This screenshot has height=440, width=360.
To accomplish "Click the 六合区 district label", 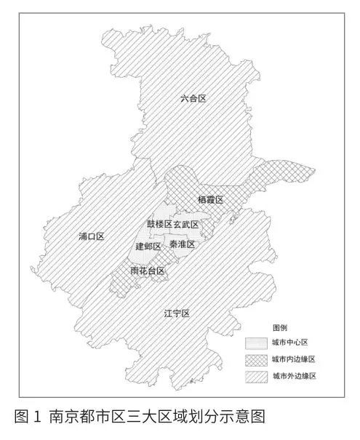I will [193, 99].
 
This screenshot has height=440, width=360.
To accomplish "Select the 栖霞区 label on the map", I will [209, 199].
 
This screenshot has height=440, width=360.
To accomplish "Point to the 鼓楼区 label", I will [159, 224].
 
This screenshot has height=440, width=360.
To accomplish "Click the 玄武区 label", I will [186, 224].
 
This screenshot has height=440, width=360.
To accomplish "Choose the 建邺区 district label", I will [148, 247].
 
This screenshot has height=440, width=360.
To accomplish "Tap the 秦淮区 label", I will [182, 245].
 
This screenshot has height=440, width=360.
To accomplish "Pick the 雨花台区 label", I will [148, 271].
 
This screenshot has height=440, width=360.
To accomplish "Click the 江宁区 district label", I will [177, 313].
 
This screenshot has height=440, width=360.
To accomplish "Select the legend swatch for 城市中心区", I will [255, 343].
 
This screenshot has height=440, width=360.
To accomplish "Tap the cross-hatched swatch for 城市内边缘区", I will [255, 359].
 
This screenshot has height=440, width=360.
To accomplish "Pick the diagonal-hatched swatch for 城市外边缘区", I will [255, 377].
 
